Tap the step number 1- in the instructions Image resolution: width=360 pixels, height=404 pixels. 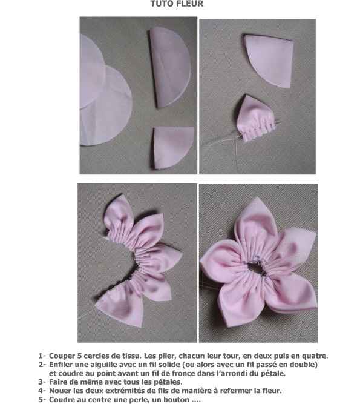point(42,356)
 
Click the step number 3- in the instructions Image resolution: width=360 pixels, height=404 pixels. point(42,382)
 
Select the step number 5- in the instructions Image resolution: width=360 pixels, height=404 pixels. point(42,400)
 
